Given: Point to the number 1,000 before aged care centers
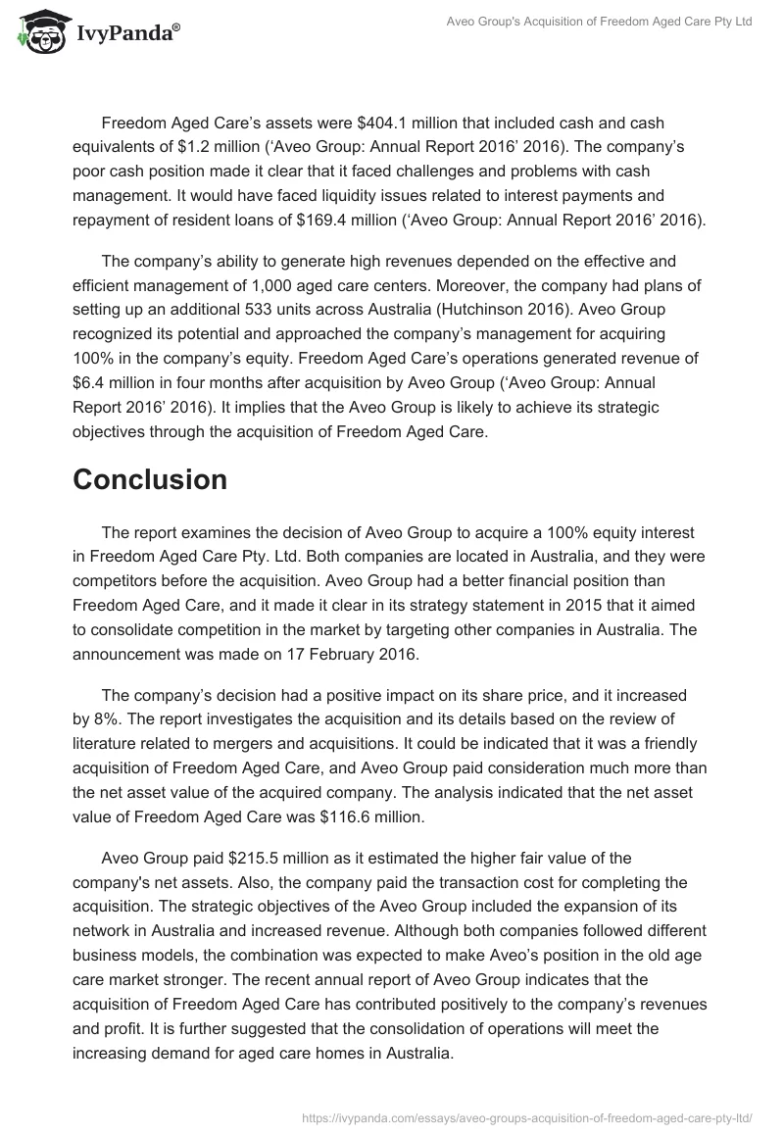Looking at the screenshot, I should coord(297,285).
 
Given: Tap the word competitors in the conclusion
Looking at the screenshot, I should coord(118,579).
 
